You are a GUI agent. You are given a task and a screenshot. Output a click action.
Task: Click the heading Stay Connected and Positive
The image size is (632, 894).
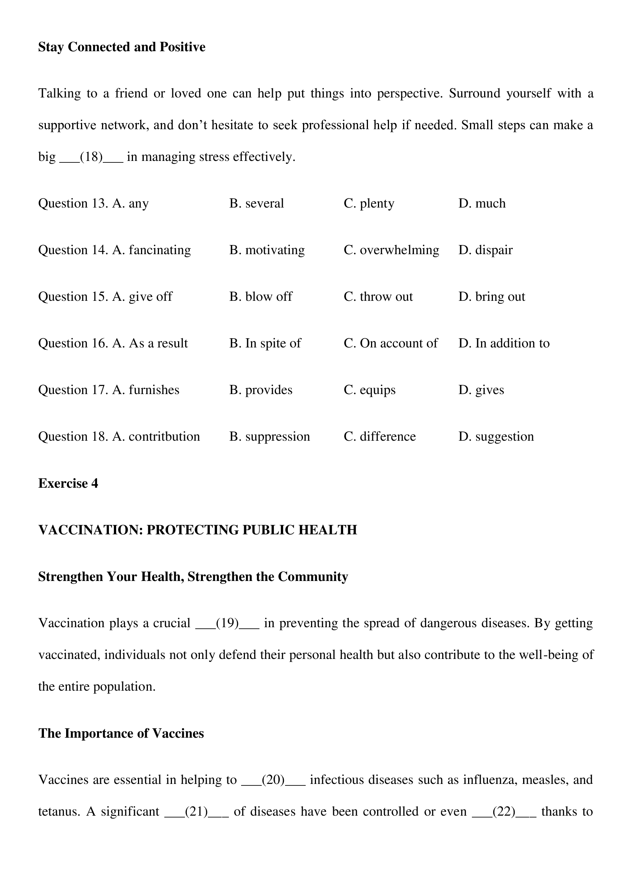point(122,47)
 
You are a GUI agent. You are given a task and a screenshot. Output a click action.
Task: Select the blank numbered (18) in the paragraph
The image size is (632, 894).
point(91,157)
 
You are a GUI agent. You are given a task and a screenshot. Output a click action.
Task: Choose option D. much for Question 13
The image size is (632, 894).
point(482,203)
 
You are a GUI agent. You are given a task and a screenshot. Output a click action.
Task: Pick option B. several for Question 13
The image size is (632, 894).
point(256,203)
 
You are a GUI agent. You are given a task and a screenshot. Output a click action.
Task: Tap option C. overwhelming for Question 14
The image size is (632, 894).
point(391,250)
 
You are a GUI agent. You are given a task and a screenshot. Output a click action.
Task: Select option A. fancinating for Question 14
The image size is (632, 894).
point(151,250)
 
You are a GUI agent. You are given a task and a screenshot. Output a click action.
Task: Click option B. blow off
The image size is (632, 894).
point(261,297)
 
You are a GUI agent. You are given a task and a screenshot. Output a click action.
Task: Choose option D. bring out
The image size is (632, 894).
point(491,297)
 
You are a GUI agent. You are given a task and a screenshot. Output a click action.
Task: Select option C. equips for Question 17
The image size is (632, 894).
point(369,390)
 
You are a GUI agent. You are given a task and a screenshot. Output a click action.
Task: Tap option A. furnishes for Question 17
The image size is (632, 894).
point(146,390)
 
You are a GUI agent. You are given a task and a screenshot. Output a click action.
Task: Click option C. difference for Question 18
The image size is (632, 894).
point(379,436)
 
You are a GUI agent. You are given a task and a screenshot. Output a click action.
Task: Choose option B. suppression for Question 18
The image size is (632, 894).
point(269,436)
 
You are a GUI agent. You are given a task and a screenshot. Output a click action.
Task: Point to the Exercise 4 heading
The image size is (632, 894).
point(68,483)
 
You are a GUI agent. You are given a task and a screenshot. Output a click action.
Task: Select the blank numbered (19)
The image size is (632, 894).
point(227,623)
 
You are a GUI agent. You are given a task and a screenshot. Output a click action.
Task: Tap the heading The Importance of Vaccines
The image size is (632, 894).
point(121,733)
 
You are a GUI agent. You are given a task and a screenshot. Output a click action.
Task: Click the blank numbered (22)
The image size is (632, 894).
point(504,811)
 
